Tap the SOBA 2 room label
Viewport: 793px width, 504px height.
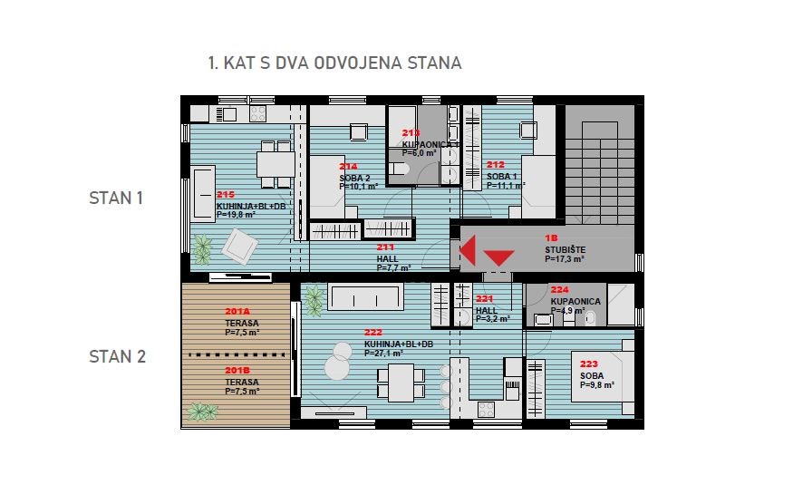tap(354, 178)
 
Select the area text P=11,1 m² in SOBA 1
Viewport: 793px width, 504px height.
tap(506, 186)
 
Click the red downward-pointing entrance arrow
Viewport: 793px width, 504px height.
tap(499, 258)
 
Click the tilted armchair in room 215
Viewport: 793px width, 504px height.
tap(241, 244)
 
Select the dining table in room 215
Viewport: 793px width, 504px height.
tap(275, 163)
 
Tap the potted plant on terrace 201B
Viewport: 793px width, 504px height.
tap(201, 412)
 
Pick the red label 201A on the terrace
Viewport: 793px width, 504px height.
tap(237, 313)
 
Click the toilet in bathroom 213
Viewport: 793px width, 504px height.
tap(400, 170)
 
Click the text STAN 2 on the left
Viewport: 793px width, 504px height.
tap(117, 356)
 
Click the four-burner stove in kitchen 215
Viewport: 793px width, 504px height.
tap(255, 115)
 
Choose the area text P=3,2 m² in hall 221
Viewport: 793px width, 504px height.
tap(492, 318)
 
